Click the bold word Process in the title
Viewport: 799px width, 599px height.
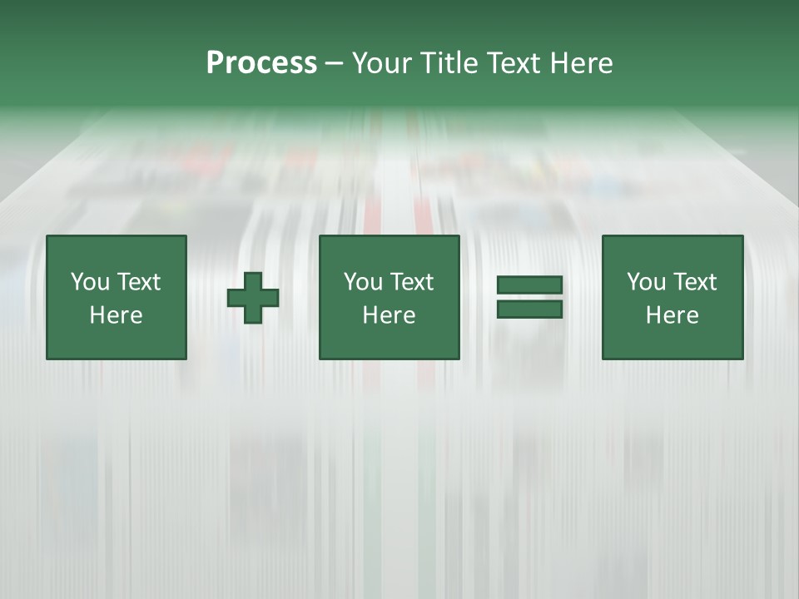(x=261, y=63)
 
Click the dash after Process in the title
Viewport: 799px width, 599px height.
(x=334, y=64)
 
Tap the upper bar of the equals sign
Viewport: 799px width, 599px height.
(x=529, y=285)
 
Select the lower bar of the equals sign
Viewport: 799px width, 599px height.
(x=529, y=309)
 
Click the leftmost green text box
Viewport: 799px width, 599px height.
(x=117, y=297)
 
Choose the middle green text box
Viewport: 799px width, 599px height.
(x=389, y=297)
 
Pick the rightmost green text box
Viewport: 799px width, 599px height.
(x=672, y=297)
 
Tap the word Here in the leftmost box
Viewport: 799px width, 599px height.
(x=117, y=315)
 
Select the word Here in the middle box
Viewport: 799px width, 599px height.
(x=389, y=315)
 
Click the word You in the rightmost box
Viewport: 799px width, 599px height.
(x=646, y=282)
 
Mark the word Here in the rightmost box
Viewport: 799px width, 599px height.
(x=672, y=315)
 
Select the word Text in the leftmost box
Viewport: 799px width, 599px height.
(x=138, y=282)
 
